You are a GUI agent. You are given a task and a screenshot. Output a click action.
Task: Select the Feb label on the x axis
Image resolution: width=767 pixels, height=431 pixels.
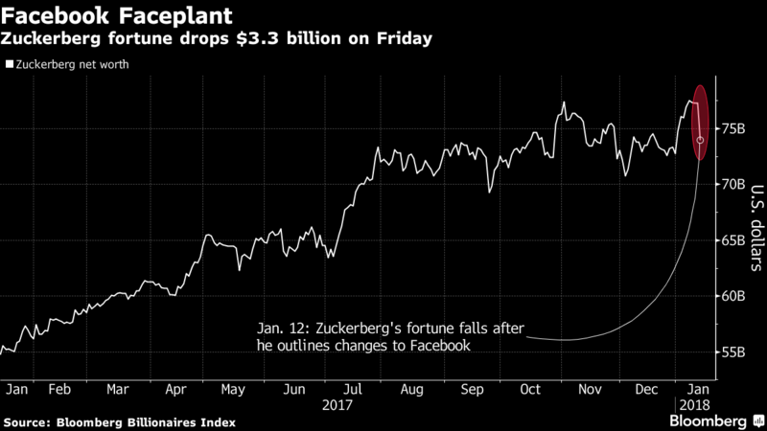59,390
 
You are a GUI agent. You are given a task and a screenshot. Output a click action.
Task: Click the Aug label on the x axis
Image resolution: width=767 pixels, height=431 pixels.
411,390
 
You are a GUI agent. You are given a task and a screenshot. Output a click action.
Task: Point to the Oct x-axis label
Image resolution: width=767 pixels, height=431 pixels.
530,390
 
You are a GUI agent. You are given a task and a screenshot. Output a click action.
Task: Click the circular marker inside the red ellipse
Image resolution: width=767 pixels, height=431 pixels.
700,140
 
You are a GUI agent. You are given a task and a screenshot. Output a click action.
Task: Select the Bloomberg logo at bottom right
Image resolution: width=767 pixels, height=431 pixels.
715,420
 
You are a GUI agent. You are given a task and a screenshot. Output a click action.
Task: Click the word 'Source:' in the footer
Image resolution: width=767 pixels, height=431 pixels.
30,421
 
